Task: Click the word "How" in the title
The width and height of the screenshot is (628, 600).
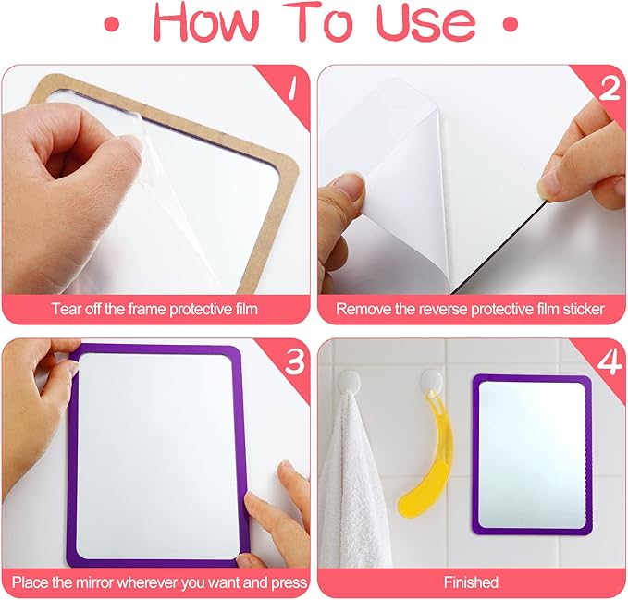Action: point(206,21)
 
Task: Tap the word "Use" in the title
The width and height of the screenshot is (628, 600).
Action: point(426,21)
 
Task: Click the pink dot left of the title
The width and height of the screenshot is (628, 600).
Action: point(112,25)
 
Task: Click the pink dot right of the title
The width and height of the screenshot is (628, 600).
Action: point(511,24)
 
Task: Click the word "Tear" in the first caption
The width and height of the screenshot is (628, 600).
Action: point(65,309)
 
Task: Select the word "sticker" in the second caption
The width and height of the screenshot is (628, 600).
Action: point(584,309)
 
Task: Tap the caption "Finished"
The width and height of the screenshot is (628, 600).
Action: point(471,582)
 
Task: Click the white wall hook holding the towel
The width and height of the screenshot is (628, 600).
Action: point(350,382)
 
